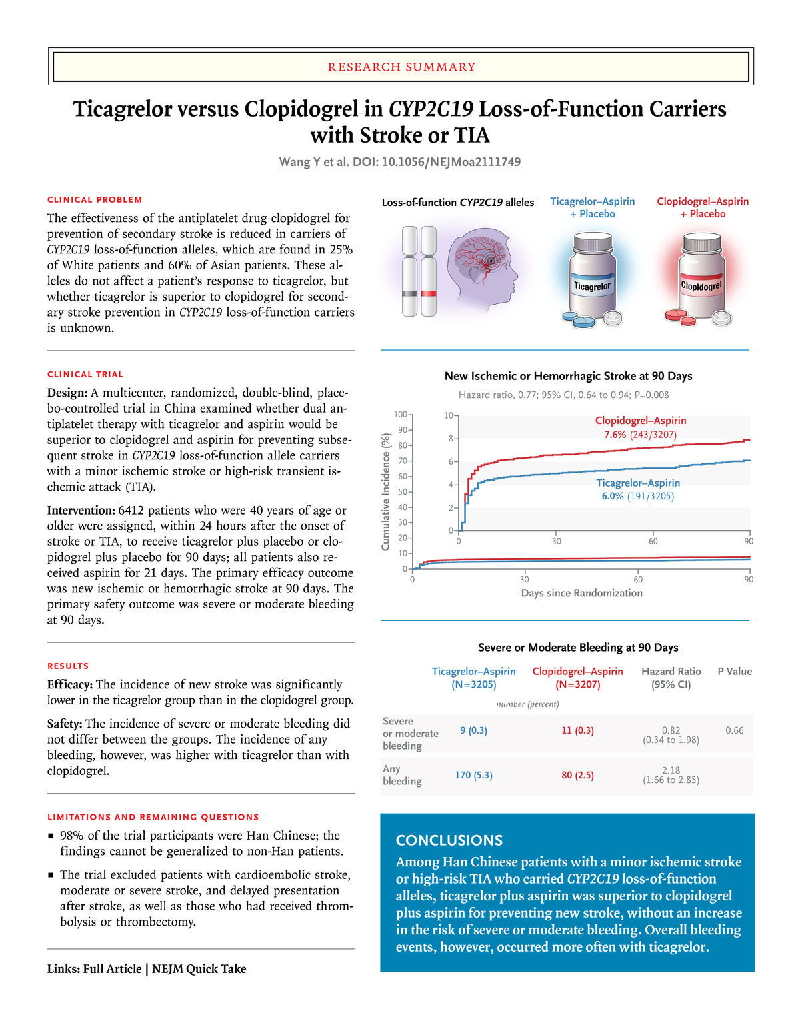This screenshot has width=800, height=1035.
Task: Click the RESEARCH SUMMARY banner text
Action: point(401,67)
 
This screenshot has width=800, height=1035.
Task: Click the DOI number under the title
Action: point(451,162)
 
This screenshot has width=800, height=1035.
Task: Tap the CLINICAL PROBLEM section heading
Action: point(95,199)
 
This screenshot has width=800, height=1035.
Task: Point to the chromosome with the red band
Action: point(429,271)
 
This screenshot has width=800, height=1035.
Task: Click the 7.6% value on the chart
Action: point(615,435)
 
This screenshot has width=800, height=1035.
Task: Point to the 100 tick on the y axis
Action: point(401,415)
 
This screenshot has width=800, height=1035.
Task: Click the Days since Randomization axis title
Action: point(581,593)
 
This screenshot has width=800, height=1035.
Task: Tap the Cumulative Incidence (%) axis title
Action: point(385,492)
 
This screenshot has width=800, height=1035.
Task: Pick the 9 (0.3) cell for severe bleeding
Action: point(473,730)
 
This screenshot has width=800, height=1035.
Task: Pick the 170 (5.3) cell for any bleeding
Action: point(473,775)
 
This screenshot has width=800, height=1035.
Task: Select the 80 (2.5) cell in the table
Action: point(577,775)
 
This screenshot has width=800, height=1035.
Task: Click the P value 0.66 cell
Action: point(734,730)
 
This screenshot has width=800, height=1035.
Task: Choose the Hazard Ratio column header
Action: point(671,678)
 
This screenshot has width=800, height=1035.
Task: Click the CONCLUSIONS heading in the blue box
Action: point(449,840)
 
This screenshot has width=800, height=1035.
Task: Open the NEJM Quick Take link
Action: point(199,969)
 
